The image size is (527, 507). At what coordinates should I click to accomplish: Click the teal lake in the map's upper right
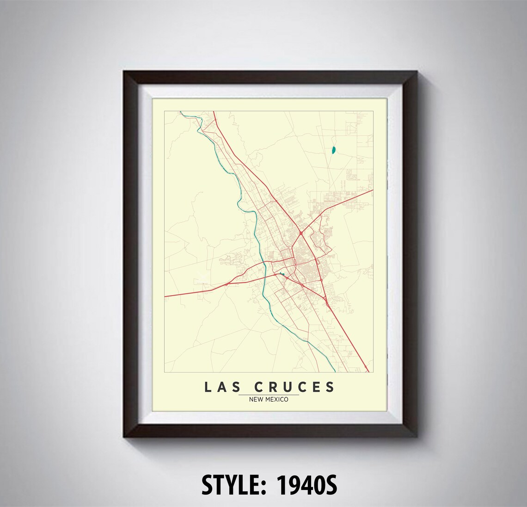pos(333,150)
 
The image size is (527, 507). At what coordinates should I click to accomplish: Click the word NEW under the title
pos(256,399)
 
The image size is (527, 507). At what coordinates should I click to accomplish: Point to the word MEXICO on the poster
pos(276,399)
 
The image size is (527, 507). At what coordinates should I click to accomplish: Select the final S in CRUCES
pos(330,387)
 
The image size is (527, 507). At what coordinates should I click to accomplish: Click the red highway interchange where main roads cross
pos(300,232)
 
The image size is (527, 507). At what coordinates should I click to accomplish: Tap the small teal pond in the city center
pos(282,275)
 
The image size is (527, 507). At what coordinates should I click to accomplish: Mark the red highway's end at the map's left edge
pos(165,296)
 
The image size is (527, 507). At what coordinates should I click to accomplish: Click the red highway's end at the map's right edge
pos(373,190)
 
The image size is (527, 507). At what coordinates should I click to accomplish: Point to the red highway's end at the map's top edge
pos(214,111)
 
